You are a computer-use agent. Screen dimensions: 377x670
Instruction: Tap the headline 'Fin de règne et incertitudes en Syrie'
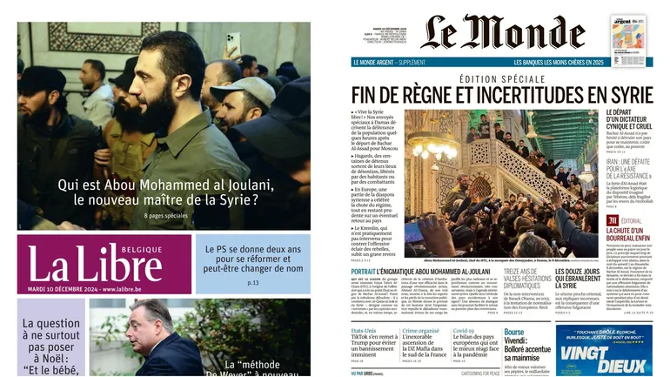[x=503, y=92]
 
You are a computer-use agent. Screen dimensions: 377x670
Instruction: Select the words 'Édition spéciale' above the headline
[x=502, y=77]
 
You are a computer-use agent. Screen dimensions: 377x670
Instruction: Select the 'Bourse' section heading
[x=514, y=332]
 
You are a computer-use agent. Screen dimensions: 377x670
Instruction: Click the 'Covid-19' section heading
[x=464, y=332]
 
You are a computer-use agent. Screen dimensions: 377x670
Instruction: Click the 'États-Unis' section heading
[x=364, y=332]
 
